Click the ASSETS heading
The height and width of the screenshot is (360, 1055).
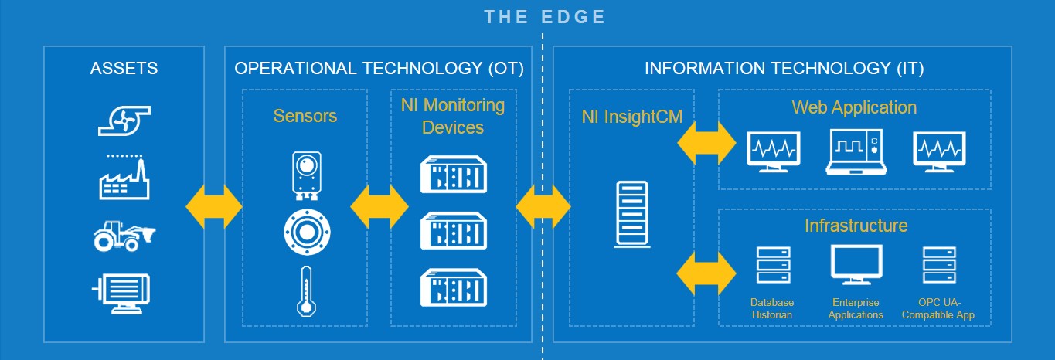point(124,68)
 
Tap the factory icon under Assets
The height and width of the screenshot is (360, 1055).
point(124,178)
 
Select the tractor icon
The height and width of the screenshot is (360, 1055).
point(124,236)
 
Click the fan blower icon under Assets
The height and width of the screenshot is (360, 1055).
point(124,121)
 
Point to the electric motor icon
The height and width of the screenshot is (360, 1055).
point(121,294)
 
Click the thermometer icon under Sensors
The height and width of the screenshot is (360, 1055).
point(306,290)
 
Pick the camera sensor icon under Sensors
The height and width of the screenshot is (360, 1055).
point(307,175)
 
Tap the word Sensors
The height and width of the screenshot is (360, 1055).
point(305,116)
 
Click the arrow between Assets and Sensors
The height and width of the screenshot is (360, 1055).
point(214,206)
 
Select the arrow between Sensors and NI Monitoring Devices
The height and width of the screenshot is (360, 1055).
point(379,206)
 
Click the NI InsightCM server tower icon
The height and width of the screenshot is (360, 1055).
point(632,214)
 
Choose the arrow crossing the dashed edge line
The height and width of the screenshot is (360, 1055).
point(543,206)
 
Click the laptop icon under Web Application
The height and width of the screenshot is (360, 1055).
point(856,152)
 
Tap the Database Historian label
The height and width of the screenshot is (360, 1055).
point(772,308)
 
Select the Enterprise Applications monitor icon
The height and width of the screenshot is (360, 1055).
point(856,264)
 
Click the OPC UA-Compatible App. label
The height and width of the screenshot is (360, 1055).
point(940,308)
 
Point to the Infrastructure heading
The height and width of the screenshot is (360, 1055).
point(856,226)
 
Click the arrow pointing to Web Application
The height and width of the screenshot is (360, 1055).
point(706,143)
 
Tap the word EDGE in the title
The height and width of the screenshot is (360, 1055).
point(573,17)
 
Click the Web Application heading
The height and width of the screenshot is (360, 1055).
point(854,107)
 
